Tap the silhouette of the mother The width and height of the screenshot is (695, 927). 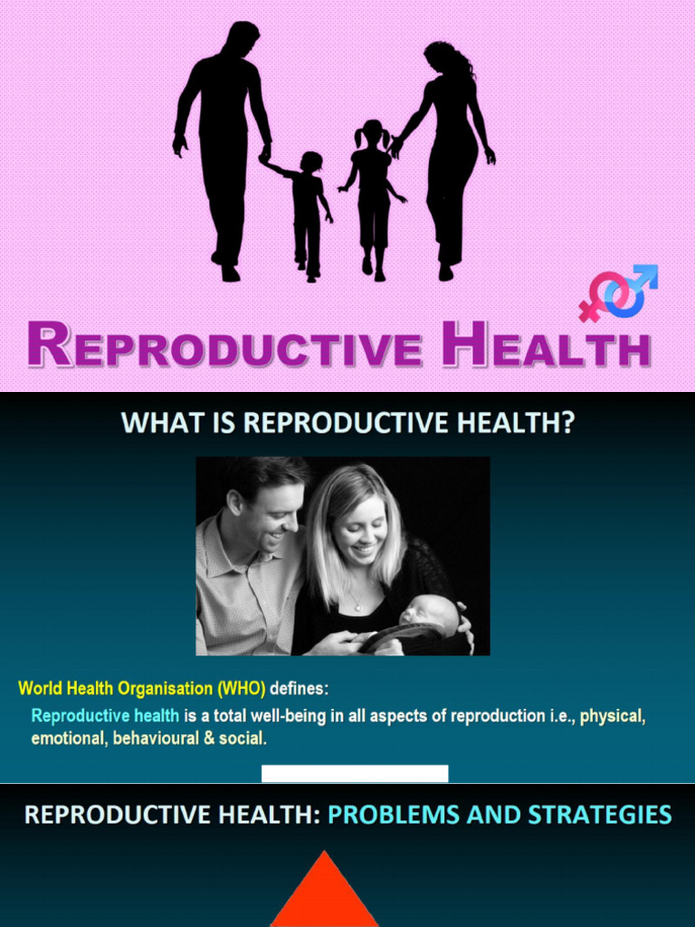point(450,145)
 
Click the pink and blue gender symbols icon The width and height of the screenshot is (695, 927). point(618,293)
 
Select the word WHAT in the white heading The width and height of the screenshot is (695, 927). point(159,424)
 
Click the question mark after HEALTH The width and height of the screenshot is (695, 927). point(565,424)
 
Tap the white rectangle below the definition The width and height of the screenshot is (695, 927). point(354,773)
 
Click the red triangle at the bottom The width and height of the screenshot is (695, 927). point(324,896)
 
